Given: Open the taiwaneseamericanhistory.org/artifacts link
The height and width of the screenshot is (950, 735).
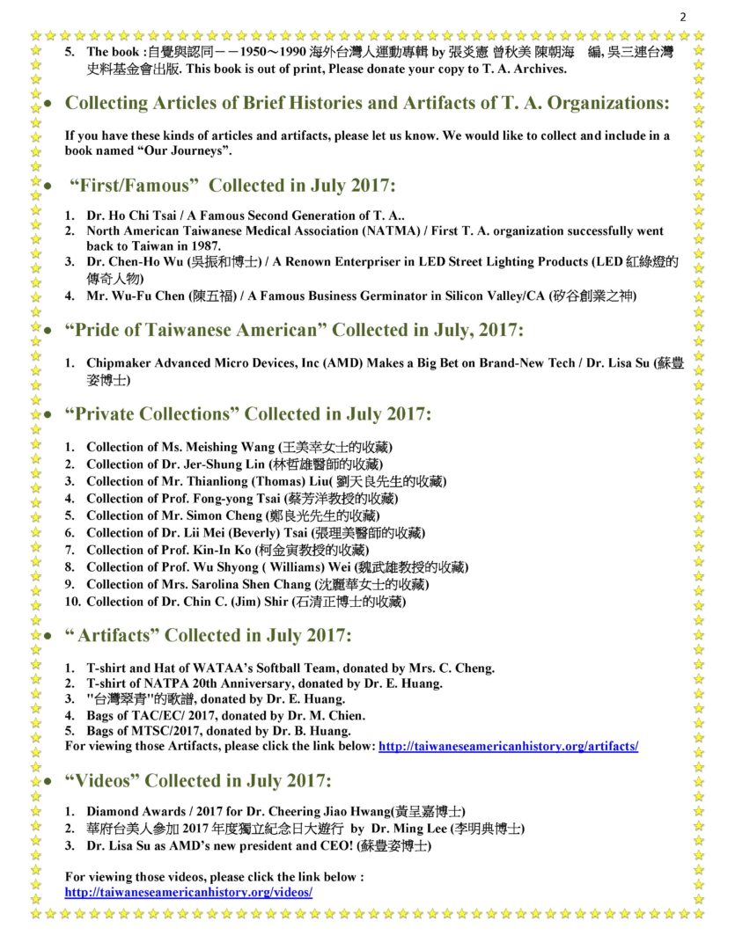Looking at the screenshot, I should (508, 747).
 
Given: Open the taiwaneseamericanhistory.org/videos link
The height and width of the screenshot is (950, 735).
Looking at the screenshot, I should (189, 892).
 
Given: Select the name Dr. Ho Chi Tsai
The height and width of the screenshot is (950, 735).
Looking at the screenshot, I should (130, 216).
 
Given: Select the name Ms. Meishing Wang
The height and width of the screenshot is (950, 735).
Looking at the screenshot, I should (218, 447).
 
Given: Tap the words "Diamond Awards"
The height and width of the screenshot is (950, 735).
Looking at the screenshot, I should (131, 810).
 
